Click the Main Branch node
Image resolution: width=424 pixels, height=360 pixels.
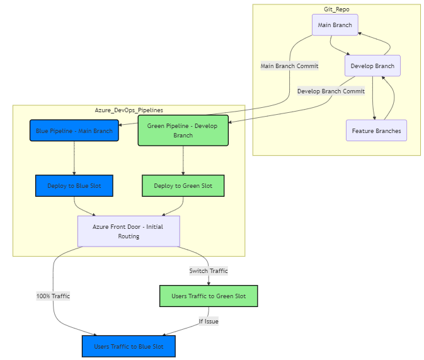(335, 25)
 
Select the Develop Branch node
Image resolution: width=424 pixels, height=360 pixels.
(372, 66)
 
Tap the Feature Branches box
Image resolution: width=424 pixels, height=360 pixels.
(376, 131)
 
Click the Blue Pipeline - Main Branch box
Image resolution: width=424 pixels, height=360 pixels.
(74, 131)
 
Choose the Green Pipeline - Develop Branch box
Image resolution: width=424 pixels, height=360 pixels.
(183, 131)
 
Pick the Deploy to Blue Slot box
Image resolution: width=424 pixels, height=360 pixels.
(74, 185)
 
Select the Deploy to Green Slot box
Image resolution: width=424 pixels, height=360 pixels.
(183, 185)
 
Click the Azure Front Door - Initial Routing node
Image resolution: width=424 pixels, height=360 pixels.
(129, 231)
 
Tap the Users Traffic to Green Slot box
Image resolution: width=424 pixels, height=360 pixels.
(209, 296)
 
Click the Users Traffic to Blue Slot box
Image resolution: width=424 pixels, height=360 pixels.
(128, 346)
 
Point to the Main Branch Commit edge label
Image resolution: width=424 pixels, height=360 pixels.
(289, 66)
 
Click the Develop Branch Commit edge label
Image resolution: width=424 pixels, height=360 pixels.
(331, 91)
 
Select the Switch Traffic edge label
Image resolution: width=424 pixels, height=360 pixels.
(209, 270)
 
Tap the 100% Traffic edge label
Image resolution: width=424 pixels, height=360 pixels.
(53, 296)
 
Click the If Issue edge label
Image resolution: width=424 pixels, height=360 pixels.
(209, 321)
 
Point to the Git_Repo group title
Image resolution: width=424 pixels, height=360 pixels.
(336, 9)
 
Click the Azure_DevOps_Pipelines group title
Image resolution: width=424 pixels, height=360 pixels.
(129, 110)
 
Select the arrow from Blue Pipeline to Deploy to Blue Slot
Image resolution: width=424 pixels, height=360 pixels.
(74, 158)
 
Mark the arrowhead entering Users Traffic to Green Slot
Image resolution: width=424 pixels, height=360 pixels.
(209, 283)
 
